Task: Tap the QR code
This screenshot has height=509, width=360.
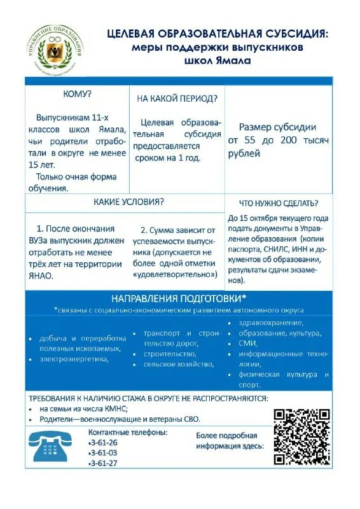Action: [301, 436]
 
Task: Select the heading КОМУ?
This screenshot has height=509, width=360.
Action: [77, 94]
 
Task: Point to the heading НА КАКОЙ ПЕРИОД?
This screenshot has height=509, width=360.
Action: [177, 99]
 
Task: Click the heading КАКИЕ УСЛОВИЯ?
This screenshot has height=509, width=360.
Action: [128, 202]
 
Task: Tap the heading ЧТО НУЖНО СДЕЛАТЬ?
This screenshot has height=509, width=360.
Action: [278, 204]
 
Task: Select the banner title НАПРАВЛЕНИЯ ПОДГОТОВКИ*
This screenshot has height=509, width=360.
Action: [179, 298]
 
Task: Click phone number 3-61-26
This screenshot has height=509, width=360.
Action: [104, 442]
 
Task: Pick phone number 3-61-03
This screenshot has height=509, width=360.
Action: [104, 452]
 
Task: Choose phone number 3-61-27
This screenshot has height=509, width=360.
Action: [104, 463]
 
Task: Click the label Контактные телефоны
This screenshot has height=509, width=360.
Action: [128, 432]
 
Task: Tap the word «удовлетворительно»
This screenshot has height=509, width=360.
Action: [175, 274]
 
